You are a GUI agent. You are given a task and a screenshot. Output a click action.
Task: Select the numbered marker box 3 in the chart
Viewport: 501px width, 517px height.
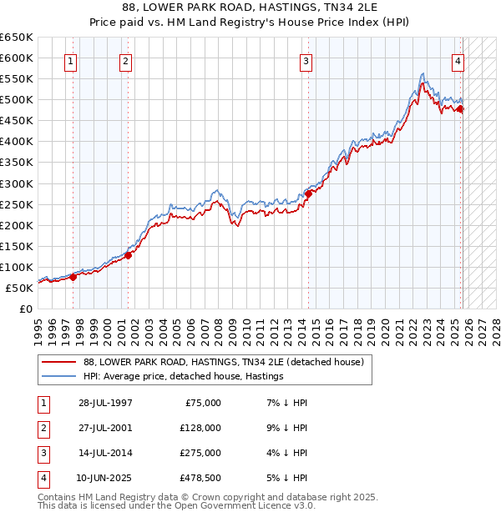pyautogui.click(x=306, y=60)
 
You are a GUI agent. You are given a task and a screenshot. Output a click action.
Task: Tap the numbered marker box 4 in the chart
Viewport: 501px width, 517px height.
pyautogui.click(x=458, y=60)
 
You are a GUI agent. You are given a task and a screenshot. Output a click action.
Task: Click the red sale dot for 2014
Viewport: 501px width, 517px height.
pyautogui.click(x=308, y=193)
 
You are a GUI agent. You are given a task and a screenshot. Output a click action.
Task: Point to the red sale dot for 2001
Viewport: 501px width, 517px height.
pyautogui.click(x=129, y=255)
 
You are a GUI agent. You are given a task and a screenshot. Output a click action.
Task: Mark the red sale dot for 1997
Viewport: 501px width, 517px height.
pyautogui.click(x=73, y=278)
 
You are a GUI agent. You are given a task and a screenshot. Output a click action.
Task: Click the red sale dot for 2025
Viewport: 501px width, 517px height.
pyautogui.click(x=460, y=108)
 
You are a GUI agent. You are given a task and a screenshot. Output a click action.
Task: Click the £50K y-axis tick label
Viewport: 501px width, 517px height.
pyautogui.click(x=20, y=288)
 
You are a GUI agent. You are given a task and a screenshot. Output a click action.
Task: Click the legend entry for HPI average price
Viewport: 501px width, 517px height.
pyautogui.click(x=183, y=377)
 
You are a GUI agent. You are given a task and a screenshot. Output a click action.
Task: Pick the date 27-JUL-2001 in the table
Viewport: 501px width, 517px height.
pyautogui.click(x=105, y=429)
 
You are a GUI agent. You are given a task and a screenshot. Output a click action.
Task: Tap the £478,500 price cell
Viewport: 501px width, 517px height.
pyautogui.click(x=200, y=479)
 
